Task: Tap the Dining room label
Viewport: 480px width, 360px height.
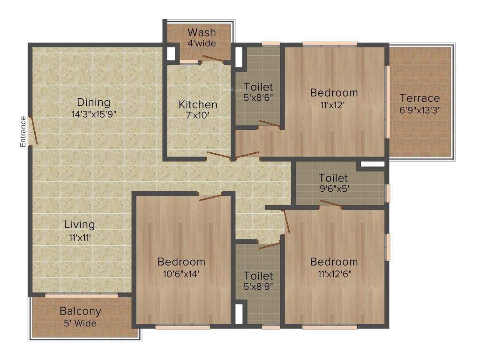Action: pos(94,102)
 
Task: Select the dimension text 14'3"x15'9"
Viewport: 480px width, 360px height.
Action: pos(94,113)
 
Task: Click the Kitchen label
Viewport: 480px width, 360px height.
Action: pos(198,105)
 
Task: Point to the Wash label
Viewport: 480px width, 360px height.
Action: pos(202,32)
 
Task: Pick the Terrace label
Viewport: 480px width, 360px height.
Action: pos(420,98)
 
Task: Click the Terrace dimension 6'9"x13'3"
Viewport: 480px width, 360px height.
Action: pos(420,110)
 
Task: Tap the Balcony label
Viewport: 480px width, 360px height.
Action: pos(80,311)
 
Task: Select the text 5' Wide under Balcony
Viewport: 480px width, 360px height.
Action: pos(80,323)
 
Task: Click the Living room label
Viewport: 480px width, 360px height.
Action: pos(80,225)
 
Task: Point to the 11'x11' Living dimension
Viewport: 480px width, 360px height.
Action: pos(80,237)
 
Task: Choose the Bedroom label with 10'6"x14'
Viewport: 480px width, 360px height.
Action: pos(181,262)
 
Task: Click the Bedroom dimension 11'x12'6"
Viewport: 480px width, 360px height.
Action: pos(334,274)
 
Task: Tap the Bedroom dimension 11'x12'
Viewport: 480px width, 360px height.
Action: pos(334,105)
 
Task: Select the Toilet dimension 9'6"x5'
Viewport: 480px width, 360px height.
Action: pos(333,190)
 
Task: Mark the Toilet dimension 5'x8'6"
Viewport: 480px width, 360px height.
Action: pos(258,98)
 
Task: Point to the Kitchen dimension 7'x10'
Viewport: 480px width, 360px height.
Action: pos(198,116)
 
